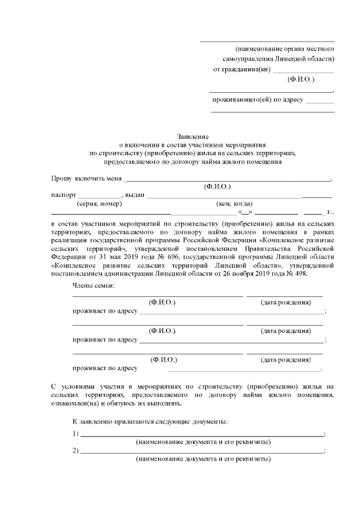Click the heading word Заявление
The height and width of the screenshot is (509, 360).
tap(193, 136)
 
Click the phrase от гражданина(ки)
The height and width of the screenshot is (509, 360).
tap(241, 69)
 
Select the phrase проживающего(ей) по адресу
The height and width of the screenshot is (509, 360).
tap(257, 100)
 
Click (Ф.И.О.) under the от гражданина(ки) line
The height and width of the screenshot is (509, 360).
tap(301, 79)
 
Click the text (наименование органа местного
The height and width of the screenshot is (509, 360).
tap(285, 49)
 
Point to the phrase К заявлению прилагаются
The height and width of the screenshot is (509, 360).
tap(112, 421)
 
